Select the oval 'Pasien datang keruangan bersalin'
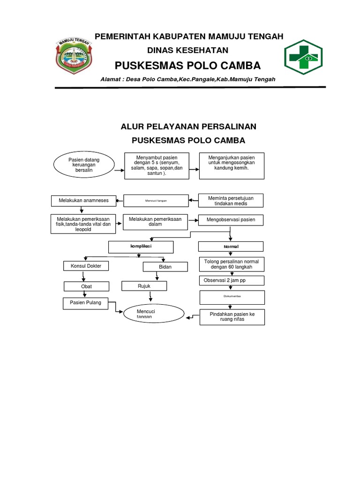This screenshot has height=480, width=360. pyautogui.click(x=84, y=165)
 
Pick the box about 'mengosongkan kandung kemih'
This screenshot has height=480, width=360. pyautogui.click(x=232, y=165)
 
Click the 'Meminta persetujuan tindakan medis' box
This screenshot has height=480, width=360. pyautogui.click(x=231, y=201)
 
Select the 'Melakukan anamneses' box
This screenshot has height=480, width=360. pyautogui.click(x=84, y=201)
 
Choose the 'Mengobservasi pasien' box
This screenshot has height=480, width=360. pyautogui.click(x=231, y=219)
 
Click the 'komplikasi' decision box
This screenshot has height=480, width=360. pyautogui.click(x=141, y=246)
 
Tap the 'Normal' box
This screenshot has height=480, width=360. pyautogui.click(x=231, y=247)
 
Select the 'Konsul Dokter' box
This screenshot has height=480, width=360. pyautogui.click(x=86, y=266)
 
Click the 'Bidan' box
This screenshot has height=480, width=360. pyautogui.click(x=165, y=267)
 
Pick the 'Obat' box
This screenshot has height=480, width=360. pyautogui.click(x=86, y=286)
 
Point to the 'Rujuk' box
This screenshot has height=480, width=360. pyautogui.click(x=144, y=285)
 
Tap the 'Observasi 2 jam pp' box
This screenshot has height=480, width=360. pyautogui.click(x=232, y=280)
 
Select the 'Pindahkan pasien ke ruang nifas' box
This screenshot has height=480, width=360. pyautogui.click(x=232, y=317)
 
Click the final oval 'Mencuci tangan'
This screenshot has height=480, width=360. pyautogui.click(x=154, y=314)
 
